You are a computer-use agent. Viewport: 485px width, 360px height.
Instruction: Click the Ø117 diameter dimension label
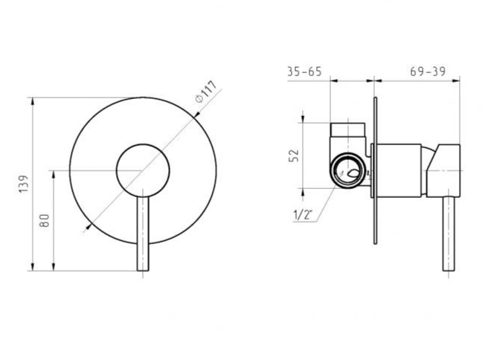206,91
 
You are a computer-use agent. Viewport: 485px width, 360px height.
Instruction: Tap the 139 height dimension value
24,184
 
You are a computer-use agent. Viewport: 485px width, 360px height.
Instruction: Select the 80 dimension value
45,220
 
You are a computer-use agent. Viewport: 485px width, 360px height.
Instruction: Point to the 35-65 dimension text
305,71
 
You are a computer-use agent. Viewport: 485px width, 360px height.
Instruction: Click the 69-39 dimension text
428,71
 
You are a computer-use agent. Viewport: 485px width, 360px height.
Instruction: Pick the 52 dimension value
295,155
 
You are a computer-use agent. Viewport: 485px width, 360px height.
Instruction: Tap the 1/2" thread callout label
303,215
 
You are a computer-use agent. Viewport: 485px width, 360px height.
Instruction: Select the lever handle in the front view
143,231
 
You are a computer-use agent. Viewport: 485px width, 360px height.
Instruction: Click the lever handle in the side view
449,234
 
